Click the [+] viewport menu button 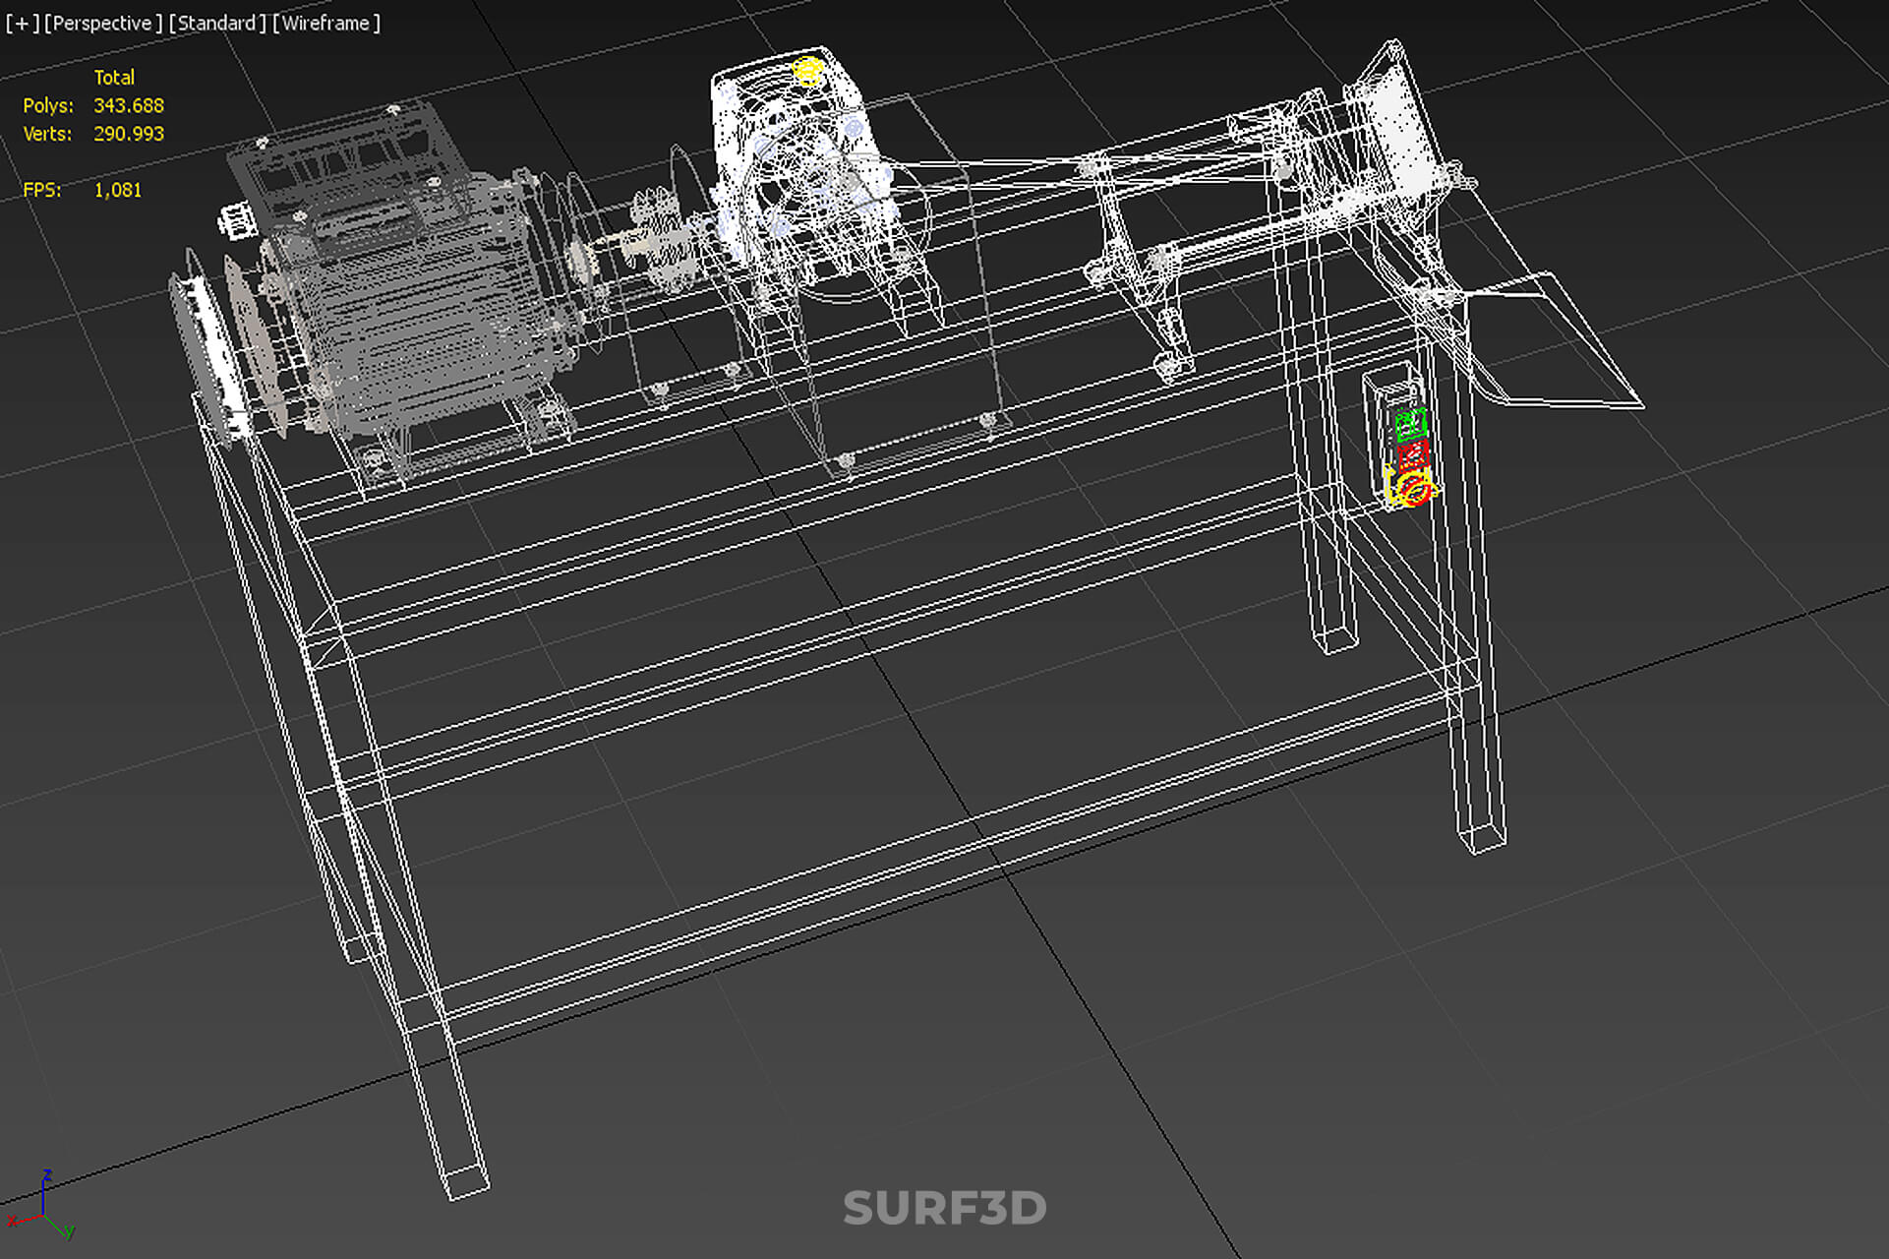pos(22,23)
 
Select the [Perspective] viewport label pos(103,23)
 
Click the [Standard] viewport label pos(217,23)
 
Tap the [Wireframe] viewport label pos(326,23)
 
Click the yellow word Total pos(114,78)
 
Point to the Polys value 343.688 pos(129,105)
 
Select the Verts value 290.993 pos(129,134)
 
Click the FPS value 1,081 pos(118,190)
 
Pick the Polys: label pos(48,105)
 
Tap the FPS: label pos(42,190)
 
